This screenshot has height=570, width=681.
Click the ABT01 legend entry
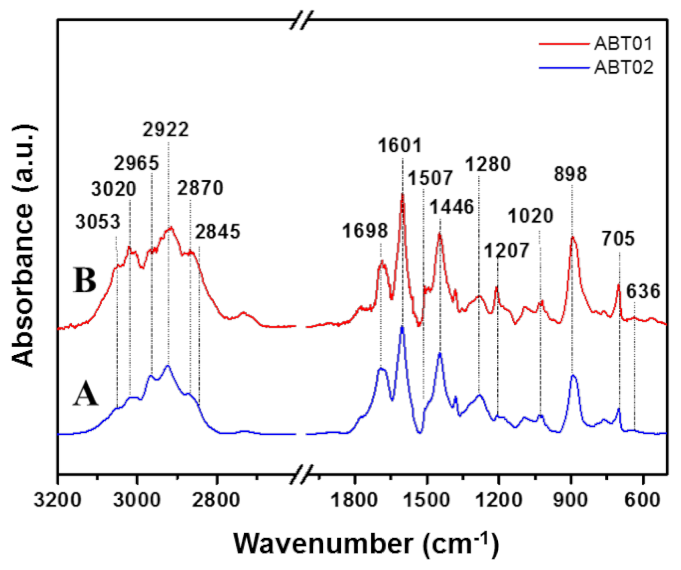pyautogui.click(x=623, y=44)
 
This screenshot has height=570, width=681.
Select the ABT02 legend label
pyautogui.click(x=624, y=67)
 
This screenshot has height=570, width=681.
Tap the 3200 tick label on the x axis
pyautogui.click(x=58, y=500)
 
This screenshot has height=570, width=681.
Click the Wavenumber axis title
pyautogui.click(x=366, y=543)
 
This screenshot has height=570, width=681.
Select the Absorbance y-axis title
pyautogui.click(x=23, y=245)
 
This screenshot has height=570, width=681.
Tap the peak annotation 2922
pyautogui.click(x=166, y=130)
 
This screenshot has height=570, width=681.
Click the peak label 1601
pyautogui.click(x=400, y=145)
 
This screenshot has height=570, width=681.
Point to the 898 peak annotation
pyautogui.click(x=570, y=174)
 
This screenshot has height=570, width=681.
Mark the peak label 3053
pyautogui.click(x=97, y=222)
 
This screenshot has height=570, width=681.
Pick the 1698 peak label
pyautogui.click(x=365, y=231)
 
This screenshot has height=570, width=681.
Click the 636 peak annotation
pyautogui.click(x=643, y=291)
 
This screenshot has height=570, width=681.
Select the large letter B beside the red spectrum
pyautogui.click(x=85, y=280)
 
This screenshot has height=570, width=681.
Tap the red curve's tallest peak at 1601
pyautogui.click(x=402, y=195)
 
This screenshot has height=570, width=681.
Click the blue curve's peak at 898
pyautogui.click(x=573, y=376)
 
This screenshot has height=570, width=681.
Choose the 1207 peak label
pyautogui.click(x=507, y=251)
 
